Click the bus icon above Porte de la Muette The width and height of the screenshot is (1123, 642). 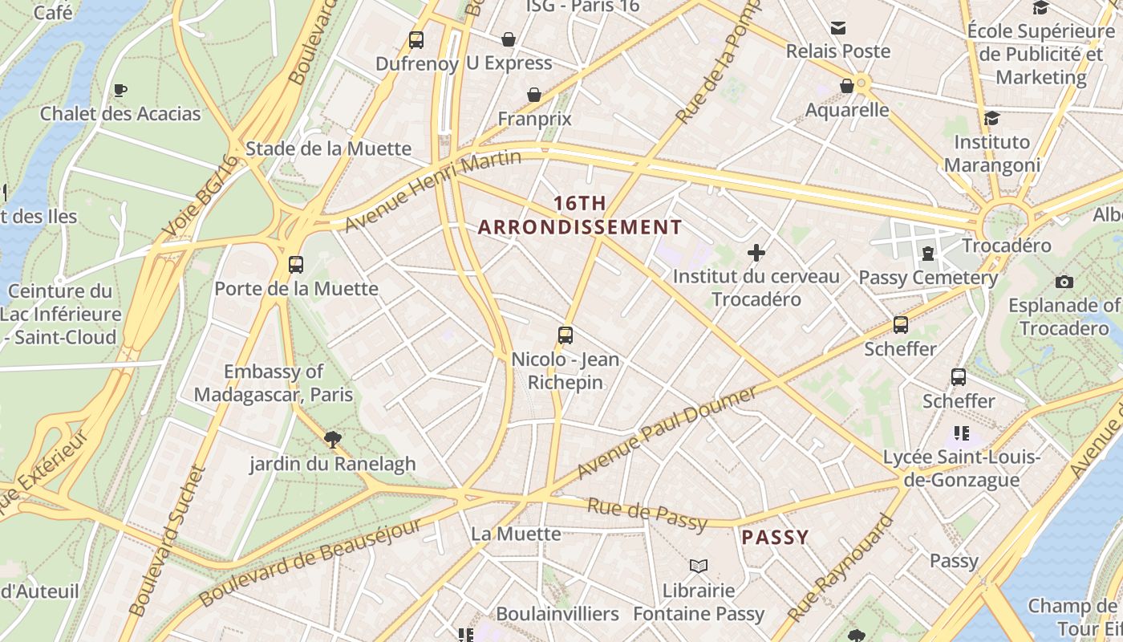(295, 264)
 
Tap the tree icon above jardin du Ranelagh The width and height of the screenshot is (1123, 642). (332, 439)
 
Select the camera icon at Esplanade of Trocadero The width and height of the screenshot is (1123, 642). (1064, 282)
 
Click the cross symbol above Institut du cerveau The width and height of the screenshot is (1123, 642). (756, 253)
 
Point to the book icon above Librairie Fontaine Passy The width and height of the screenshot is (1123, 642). (699, 566)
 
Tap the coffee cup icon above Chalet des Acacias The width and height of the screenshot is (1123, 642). (120, 90)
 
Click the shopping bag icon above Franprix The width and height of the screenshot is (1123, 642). (534, 95)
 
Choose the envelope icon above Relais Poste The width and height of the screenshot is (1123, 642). (837, 27)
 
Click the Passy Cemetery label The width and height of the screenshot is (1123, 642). (928, 278)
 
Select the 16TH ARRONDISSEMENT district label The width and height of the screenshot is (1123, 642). (580, 215)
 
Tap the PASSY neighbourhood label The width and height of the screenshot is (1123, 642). (775, 537)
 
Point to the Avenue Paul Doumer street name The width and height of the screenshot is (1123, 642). (667, 432)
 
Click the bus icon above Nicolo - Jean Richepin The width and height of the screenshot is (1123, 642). (566, 335)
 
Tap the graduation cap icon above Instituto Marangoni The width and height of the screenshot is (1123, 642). (991, 118)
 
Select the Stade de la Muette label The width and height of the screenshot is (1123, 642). (328, 148)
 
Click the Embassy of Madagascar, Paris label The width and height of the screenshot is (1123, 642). (274, 383)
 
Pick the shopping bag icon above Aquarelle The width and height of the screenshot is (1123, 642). (847, 86)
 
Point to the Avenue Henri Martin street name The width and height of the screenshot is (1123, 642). (433, 190)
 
